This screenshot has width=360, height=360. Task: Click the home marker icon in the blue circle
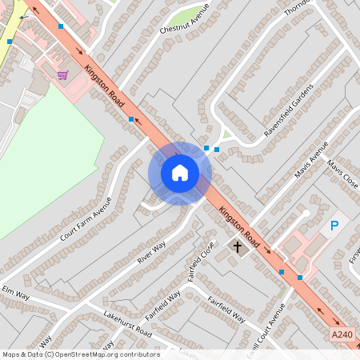click(180, 173)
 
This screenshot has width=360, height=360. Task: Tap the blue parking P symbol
click(334, 227)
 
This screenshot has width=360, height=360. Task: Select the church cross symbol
click(237, 246)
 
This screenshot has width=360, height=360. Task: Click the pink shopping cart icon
click(62, 75)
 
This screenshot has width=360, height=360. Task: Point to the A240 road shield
click(341, 334)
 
